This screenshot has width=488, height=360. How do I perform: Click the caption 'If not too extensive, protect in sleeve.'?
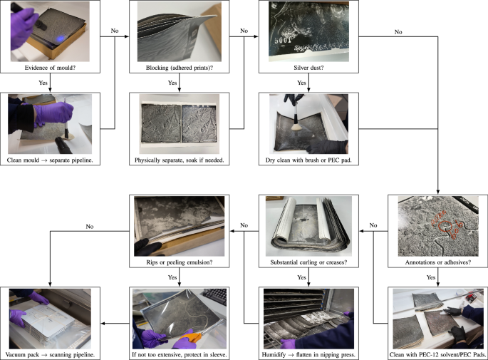pyautogui.click(x=178, y=354)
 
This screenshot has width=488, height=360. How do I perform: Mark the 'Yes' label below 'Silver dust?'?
pyautogui.click(x=301, y=83)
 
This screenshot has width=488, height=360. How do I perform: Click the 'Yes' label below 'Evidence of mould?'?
pyautogui.click(x=43, y=83)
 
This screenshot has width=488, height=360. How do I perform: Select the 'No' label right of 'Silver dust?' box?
pyautogui.click(x=398, y=32)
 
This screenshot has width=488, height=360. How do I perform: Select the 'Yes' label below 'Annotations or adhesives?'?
pyautogui.click(x=430, y=277)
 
